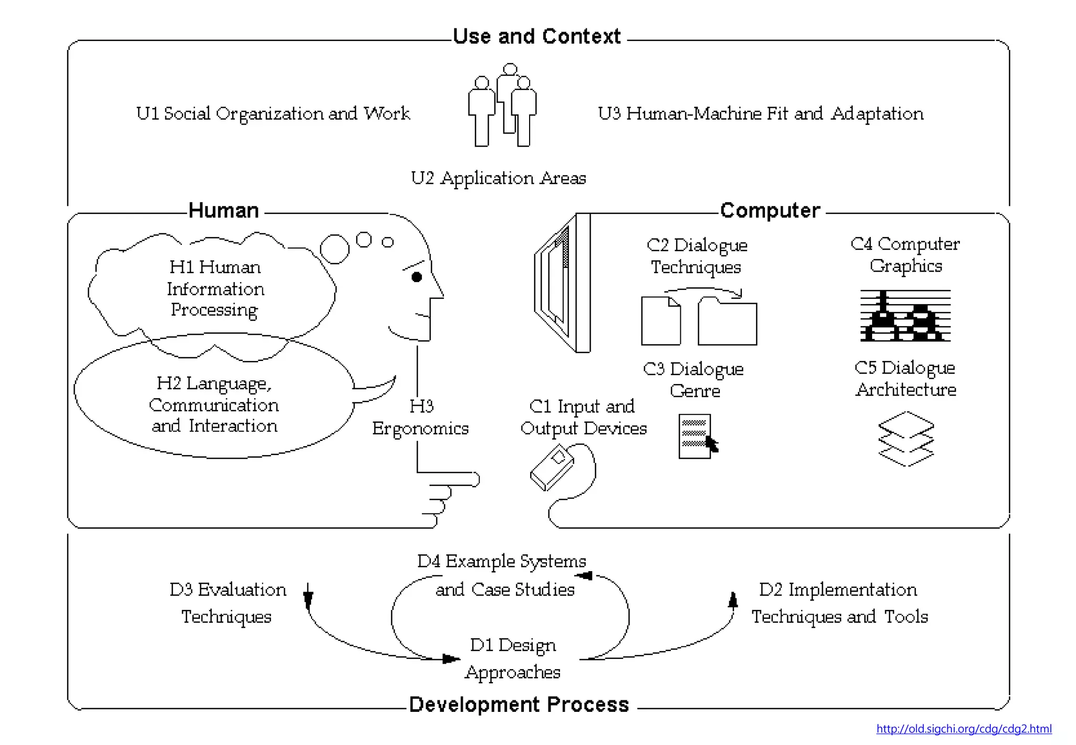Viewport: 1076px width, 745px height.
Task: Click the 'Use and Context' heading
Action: [x=536, y=36]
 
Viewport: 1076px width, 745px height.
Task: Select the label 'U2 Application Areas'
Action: [x=498, y=178]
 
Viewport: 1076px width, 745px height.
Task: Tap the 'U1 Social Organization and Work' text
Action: [x=273, y=113]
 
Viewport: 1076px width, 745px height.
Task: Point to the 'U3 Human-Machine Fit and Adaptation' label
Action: [x=760, y=113]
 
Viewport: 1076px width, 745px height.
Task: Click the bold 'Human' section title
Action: [x=224, y=210]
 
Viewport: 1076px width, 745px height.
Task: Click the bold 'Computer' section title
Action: [x=770, y=210]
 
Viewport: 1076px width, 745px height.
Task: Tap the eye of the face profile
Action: [x=417, y=277]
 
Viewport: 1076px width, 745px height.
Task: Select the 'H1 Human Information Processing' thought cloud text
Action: [x=215, y=288]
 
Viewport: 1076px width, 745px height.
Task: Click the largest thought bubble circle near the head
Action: [x=335, y=249]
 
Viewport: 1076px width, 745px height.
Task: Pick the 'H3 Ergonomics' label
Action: [x=420, y=417]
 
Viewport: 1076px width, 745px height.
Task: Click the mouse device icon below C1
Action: [x=552, y=468]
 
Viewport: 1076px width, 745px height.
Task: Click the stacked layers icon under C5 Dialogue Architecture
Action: [x=906, y=439]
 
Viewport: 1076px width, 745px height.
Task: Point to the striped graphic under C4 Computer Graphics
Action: [x=905, y=316]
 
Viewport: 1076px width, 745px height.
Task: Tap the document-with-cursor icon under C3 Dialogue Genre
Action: [x=696, y=436]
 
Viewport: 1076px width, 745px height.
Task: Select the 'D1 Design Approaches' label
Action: [x=513, y=658]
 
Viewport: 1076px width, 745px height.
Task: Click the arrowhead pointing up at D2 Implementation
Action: [x=733, y=599]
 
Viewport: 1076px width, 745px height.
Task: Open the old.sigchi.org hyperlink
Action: [x=964, y=729]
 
